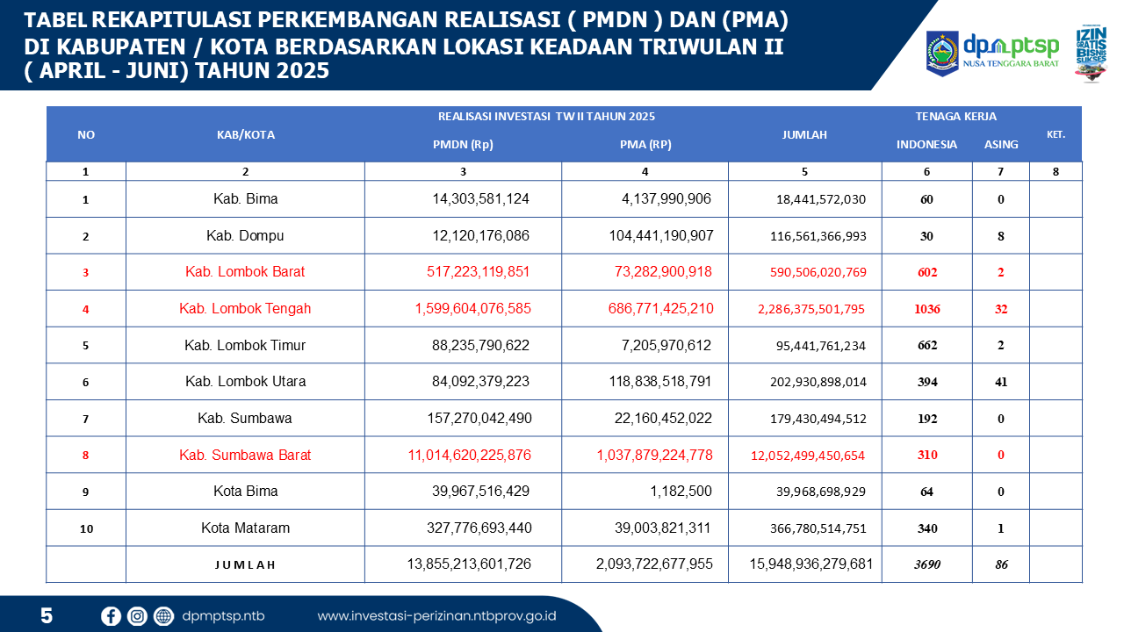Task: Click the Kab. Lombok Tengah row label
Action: tap(245, 308)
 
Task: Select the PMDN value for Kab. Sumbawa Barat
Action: tap(470, 455)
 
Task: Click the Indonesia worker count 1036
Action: tap(926, 309)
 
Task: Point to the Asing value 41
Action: tap(1001, 382)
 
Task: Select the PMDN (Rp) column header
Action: tap(464, 144)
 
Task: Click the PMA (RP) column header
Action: tap(645, 144)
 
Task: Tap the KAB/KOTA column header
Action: tap(246, 134)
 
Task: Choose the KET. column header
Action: tap(1056, 134)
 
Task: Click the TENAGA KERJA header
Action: tap(955, 116)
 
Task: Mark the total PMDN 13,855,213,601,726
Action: tap(470, 564)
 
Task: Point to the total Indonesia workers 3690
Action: tap(926, 564)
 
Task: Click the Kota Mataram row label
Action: tap(245, 528)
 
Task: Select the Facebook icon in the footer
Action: tap(111, 616)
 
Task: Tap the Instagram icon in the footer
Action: tap(137, 616)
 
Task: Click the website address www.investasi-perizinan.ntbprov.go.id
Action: tap(436, 616)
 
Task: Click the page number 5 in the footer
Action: tap(47, 616)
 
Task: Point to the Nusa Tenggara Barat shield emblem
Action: tap(942, 53)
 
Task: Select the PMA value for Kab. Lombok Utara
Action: tap(660, 382)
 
